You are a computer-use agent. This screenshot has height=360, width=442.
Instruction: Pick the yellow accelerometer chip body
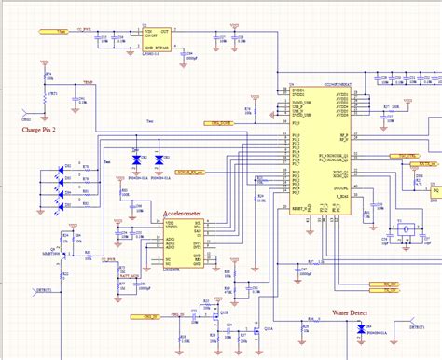point(184,244)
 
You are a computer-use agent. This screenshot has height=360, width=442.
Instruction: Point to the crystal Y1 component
point(407,228)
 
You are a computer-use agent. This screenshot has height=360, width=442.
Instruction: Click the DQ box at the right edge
point(435,189)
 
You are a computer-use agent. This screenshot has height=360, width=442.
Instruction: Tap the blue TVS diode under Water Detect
point(361,329)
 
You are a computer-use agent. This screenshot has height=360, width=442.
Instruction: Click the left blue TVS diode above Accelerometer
point(137,161)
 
